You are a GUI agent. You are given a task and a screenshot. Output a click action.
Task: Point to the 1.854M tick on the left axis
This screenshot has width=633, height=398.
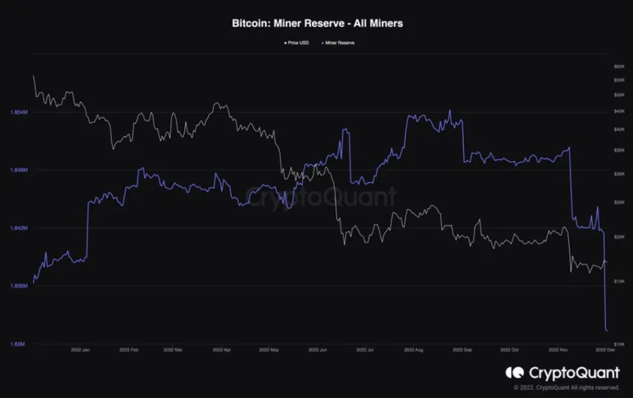coord(18,112)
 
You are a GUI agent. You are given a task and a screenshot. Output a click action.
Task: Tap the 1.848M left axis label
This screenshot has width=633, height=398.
coord(18,170)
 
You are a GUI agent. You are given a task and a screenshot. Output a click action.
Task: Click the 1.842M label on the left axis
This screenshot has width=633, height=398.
coord(18,228)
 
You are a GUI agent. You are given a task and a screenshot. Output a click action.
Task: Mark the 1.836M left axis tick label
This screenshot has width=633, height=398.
coord(18,285)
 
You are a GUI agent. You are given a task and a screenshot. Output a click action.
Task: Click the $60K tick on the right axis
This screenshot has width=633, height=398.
coord(618,66)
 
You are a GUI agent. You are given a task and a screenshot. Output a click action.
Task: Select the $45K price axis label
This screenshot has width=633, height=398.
coord(618,111)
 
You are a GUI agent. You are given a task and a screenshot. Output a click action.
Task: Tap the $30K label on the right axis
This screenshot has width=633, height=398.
coord(618,174)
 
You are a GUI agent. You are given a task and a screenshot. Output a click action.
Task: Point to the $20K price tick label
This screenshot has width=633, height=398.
coord(618,237)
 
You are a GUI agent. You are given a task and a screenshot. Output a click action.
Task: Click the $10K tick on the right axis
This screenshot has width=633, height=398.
coord(618,344)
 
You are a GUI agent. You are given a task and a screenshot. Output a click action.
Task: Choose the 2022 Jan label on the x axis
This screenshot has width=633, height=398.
coord(80,351)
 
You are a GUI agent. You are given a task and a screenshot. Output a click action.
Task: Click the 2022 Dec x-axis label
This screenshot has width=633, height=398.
coord(605,351)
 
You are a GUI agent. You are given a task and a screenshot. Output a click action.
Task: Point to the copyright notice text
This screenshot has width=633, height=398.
coord(566,388)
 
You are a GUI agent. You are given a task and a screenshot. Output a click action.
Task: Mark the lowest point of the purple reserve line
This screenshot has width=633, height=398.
coord(607,330)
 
